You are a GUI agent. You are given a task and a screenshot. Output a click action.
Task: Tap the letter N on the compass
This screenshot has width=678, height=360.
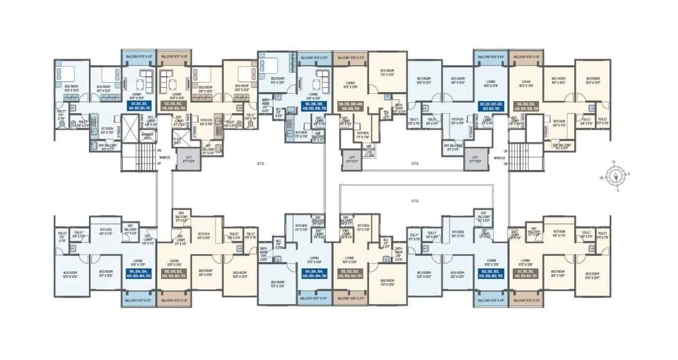(613, 162)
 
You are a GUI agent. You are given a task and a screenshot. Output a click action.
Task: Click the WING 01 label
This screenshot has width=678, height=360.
(165, 157)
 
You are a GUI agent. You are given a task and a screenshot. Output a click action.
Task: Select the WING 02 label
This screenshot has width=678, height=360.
(498, 157)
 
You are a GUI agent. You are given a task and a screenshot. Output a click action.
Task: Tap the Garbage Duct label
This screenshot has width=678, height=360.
(147, 136)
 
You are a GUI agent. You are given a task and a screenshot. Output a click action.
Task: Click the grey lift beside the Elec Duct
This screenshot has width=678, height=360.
(189, 159)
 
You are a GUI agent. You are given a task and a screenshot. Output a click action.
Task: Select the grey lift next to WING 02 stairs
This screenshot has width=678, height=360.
(476, 159)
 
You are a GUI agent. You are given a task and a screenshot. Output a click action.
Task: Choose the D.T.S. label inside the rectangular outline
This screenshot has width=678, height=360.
(415, 201)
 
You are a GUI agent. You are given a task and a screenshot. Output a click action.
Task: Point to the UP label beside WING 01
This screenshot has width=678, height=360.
(159, 164)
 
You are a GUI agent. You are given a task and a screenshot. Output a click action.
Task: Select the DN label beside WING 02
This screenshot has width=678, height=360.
(506, 164)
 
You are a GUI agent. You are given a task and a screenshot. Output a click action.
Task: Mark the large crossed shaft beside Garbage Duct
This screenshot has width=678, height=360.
(130, 128)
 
